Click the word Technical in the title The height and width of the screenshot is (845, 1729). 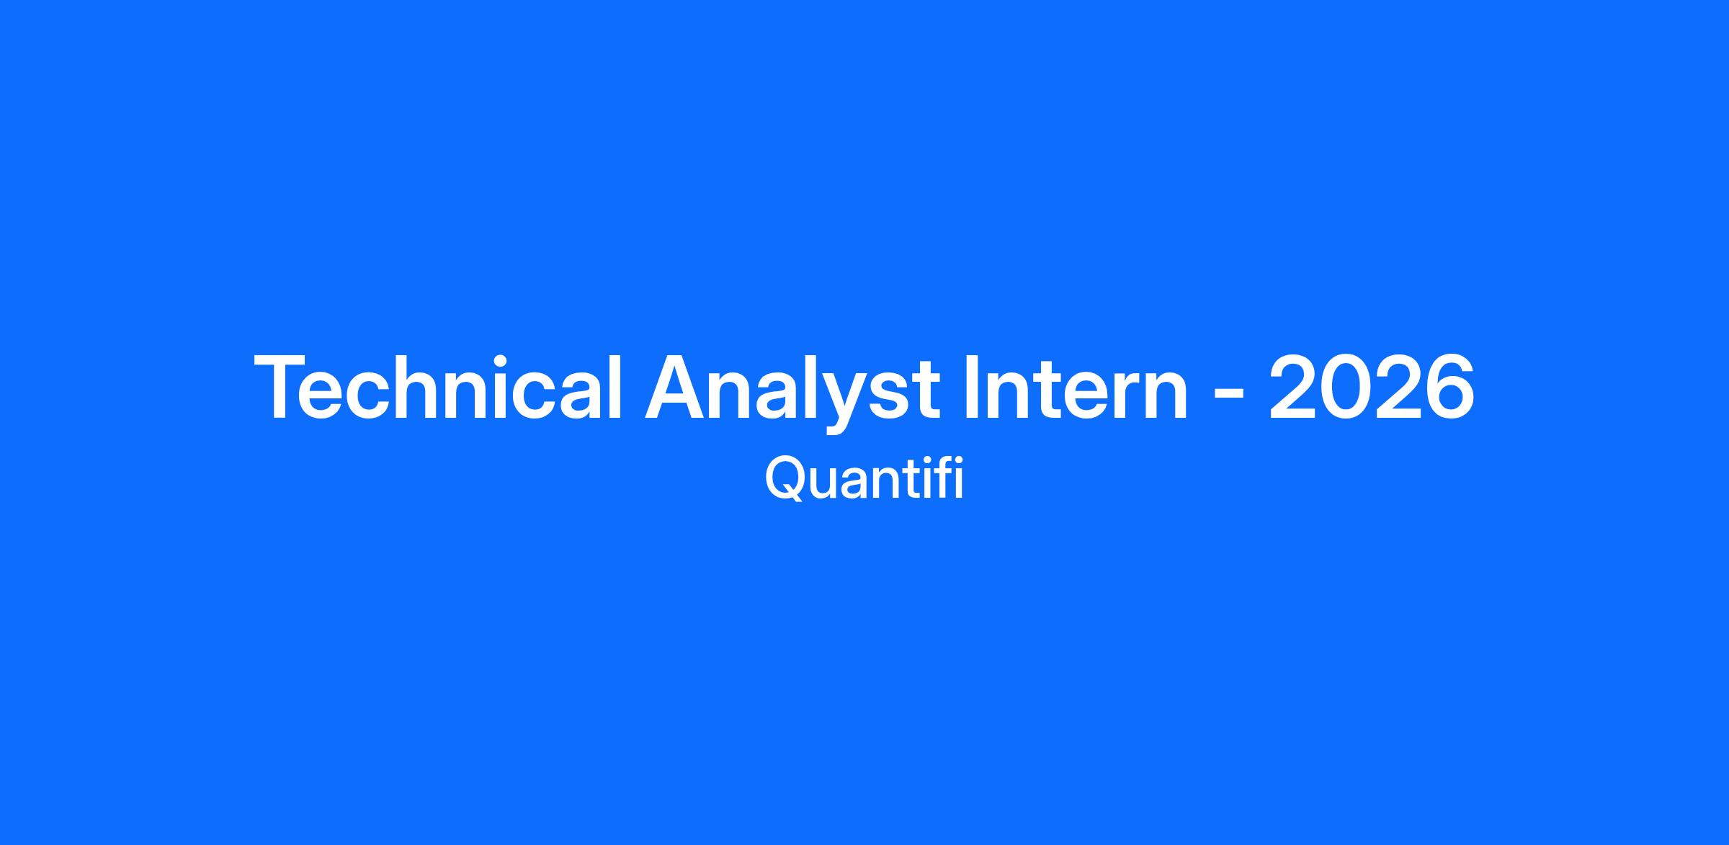click(x=437, y=386)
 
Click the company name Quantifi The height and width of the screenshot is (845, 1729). click(x=864, y=478)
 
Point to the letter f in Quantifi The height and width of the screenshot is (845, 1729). click(x=941, y=478)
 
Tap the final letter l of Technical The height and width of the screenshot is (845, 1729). click(x=615, y=386)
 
